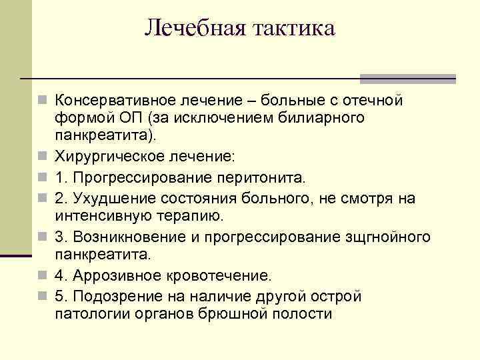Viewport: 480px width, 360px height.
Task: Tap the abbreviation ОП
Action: pos(133,118)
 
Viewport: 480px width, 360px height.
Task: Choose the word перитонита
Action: pos(260,178)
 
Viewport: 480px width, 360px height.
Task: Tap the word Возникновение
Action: pos(124,237)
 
